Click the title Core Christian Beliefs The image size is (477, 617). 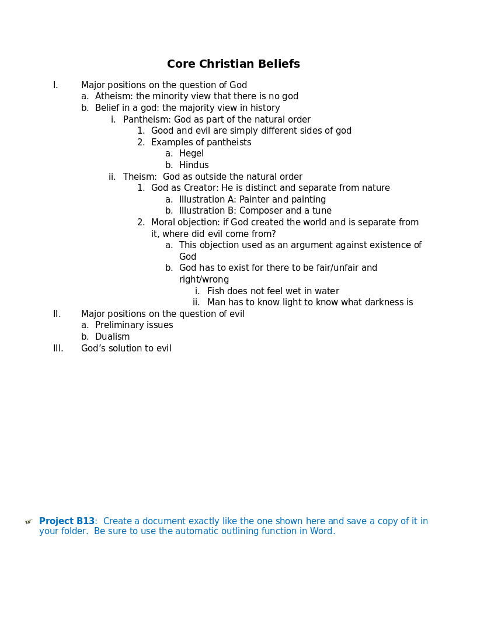click(234, 64)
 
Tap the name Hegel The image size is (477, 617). click(192, 154)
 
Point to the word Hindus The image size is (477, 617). click(194, 165)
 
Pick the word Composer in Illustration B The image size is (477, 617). click(260, 211)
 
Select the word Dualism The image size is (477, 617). click(113, 337)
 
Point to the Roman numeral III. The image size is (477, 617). click(58, 348)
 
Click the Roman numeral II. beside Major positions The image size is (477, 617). click(57, 314)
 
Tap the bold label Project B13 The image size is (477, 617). click(67, 521)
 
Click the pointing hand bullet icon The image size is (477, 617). click(29, 522)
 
